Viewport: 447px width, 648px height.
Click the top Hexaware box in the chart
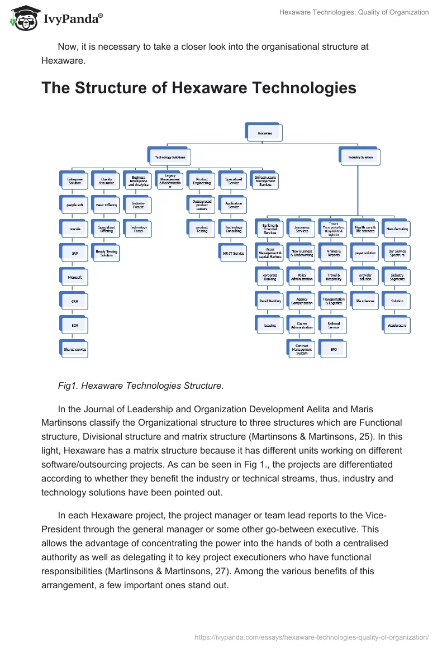(x=264, y=133)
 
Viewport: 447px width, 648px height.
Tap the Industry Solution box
(x=360, y=158)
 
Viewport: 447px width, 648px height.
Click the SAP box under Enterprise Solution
(x=74, y=252)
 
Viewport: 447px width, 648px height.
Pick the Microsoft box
(x=74, y=277)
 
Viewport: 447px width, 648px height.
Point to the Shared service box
(x=74, y=349)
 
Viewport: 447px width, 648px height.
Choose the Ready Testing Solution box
(x=106, y=253)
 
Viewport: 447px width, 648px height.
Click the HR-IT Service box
(x=234, y=253)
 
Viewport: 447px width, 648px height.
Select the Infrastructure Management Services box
(x=265, y=180)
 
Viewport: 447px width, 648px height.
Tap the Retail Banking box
(x=270, y=301)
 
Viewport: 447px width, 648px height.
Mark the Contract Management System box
(x=302, y=349)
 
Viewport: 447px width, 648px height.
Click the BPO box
(x=334, y=349)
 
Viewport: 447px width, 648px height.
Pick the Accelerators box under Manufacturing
(x=397, y=325)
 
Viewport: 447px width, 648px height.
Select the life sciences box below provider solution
(x=365, y=301)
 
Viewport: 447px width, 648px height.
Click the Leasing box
(x=270, y=325)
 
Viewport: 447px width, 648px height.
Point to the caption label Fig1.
(x=68, y=385)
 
